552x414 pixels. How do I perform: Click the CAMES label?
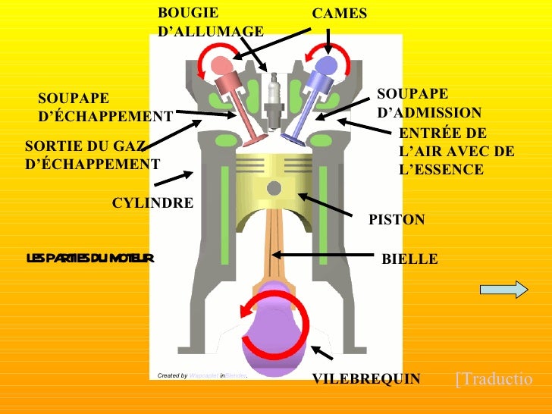click(339, 14)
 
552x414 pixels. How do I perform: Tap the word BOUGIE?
click(187, 13)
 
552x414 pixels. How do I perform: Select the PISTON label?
click(397, 220)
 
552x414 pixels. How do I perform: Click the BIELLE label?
click(409, 259)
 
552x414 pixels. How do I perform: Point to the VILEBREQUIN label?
click(365, 379)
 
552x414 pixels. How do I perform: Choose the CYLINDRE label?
click(152, 203)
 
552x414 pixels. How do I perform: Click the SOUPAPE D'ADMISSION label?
click(428, 103)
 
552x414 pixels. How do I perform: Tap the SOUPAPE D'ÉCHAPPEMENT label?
click(105, 108)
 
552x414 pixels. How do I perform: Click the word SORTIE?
click(55, 145)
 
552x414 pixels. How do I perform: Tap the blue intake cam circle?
click(328, 63)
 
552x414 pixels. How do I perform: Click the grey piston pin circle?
click(274, 187)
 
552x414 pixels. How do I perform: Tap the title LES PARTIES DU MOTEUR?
click(90, 259)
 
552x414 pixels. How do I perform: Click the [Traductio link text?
click(494, 379)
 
